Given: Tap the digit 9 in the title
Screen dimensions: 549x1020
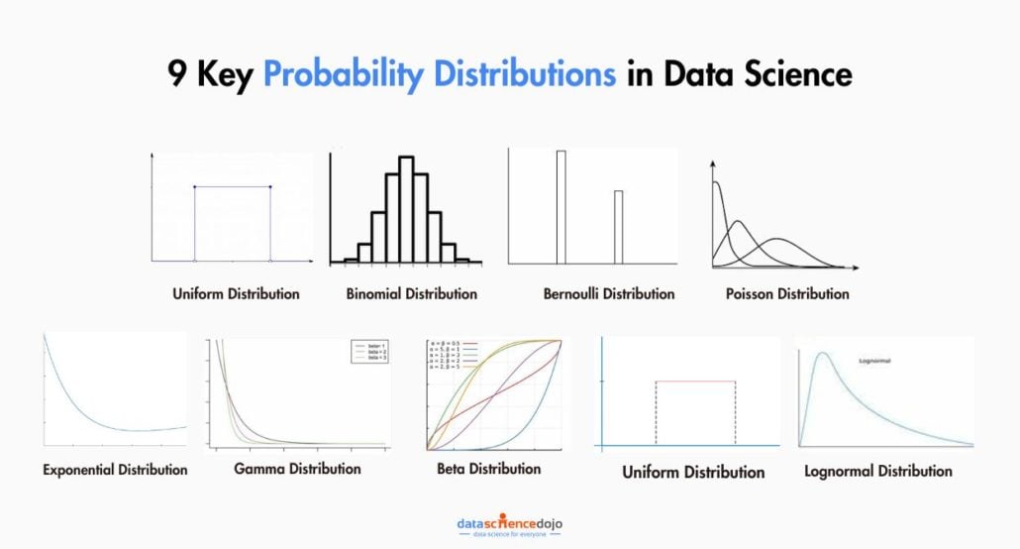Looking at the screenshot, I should coord(176,76).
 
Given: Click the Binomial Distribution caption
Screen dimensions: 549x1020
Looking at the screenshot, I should coord(411,294).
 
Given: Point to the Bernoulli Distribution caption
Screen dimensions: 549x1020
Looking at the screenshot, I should coord(609,294).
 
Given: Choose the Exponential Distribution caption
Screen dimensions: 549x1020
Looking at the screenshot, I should coord(115,470).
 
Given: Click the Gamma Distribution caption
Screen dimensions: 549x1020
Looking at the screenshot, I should coord(297,469).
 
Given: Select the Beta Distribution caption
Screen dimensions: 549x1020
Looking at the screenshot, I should coord(489,469).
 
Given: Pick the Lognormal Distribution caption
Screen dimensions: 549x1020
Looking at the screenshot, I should coord(878,472).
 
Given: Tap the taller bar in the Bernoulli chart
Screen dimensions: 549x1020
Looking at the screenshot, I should coord(561,207).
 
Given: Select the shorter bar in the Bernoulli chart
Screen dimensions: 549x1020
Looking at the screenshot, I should coord(618,227).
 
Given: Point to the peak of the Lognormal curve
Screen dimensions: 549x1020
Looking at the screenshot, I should coord(820,354).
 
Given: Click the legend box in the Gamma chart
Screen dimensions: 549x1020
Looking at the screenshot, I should coord(366,353).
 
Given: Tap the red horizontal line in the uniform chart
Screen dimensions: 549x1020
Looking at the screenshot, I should coord(695,382).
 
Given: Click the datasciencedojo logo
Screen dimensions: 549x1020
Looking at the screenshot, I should coord(510,525).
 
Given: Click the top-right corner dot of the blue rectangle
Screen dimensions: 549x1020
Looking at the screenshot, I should coord(270,186).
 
